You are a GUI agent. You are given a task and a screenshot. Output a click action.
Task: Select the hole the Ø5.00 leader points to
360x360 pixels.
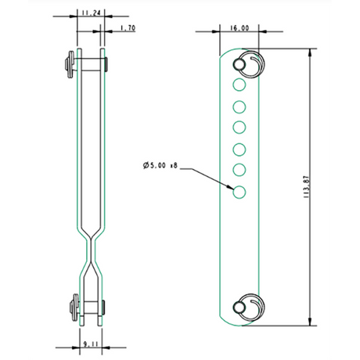pos(239,191)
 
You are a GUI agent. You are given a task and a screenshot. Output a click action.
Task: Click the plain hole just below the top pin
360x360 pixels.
pos(239,83)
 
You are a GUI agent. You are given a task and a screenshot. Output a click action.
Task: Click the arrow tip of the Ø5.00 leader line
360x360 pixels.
pos(233,188)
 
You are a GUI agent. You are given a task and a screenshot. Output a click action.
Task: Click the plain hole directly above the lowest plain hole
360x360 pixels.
pos(239,169)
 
